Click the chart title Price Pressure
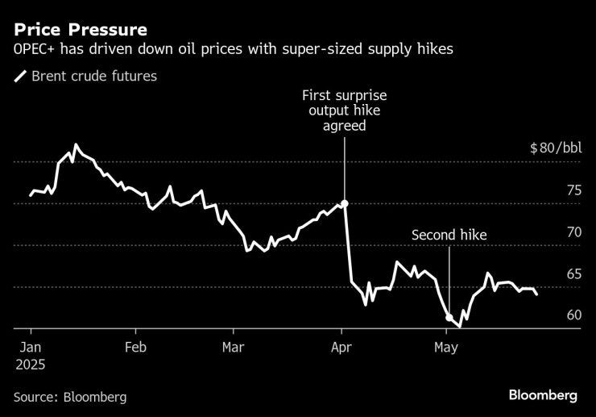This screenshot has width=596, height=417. pyautogui.click(x=80, y=30)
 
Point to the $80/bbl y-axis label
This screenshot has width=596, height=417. pyautogui.click(x=555, y=148)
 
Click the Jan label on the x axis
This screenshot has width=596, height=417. pyautogui.click(x=31, y=348)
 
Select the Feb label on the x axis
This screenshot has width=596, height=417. pyautogui.click(x=135, y=348)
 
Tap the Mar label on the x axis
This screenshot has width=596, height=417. pyautogui.click(x=233, y=348)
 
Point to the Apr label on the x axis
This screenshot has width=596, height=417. pyautogui.click(x=342, y=348)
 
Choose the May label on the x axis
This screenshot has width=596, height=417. pyautogui.click(x=446, y=348)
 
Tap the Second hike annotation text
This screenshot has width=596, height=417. pyautogui.click(x=449, y=236)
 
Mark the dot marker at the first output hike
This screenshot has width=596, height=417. pyautogui.click(x=345, y=204)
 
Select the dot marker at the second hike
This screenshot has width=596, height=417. pyautogui.click(x=449, y=318)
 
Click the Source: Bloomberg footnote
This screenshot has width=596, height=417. pyautogui.click(x=69, y=397)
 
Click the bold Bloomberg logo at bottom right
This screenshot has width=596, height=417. pyautogui.click(x=543, y=395)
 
